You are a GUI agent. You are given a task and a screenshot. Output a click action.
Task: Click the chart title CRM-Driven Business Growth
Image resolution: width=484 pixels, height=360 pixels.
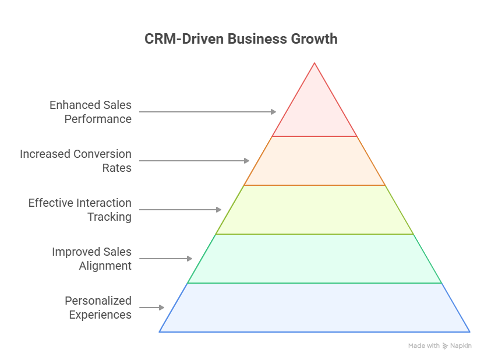[x=241, y=39]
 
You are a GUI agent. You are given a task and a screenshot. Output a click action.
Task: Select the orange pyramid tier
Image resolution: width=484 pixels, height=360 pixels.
[x=315, y=161]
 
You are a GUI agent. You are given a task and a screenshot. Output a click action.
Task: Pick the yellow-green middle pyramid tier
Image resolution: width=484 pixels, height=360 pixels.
[x=315, y=210]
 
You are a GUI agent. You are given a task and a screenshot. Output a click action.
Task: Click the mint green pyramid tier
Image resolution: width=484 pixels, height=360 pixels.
[x=315, y=259]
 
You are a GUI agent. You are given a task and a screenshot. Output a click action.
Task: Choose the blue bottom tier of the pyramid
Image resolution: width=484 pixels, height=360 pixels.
[x=315, y=308]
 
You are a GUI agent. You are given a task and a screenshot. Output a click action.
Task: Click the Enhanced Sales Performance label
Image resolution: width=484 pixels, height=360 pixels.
[x=90, y=112]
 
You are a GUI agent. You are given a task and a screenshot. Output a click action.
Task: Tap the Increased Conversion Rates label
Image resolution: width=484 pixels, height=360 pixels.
[x=76, y=161]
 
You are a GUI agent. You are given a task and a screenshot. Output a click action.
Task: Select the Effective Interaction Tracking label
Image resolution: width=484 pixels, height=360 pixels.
[x=80, y=210]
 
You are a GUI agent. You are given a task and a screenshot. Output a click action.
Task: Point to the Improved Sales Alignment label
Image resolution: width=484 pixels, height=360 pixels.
[x=91, y=259]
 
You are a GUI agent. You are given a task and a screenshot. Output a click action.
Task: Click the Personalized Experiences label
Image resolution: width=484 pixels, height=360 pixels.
[x=98, y=308]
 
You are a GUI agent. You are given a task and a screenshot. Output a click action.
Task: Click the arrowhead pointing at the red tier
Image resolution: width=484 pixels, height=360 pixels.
[x=274, y=112]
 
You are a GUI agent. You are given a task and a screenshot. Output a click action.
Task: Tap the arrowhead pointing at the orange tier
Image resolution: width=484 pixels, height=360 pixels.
[x=246, y=161]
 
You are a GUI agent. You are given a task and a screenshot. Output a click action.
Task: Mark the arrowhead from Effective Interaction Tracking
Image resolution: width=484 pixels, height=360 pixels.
[x=219, y=210]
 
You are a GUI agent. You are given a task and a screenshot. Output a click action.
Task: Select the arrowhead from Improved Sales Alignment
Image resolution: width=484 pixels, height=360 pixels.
[x=189, y=259]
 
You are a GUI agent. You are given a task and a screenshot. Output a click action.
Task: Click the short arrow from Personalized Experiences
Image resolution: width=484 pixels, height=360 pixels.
[x=151, y=308]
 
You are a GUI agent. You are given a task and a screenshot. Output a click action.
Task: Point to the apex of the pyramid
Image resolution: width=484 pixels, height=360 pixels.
[x=315, y=63]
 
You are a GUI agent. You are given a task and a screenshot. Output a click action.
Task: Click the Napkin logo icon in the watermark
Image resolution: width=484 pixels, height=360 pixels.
[x=445, y=346]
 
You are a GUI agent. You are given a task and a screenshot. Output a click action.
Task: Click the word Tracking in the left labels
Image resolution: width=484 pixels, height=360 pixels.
[x=109, y=217]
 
